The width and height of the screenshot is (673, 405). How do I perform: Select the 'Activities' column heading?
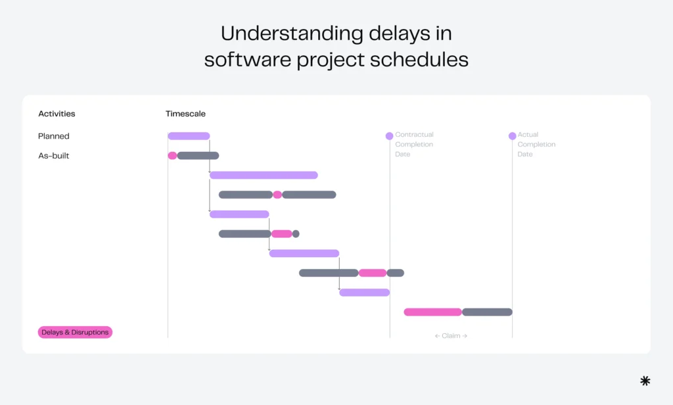pos(57,114)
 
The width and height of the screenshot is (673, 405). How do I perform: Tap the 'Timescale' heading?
pos(185,114)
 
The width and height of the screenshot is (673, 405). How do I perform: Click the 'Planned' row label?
pos(54,136)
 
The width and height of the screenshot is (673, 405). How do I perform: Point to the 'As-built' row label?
pos(54,156)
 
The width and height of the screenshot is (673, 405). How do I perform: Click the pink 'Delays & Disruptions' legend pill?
pos(75,332)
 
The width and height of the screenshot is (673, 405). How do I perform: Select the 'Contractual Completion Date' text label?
pos(414,145)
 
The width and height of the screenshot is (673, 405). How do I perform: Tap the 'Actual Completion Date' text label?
pos(536,145)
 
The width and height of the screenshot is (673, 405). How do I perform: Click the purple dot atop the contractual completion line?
pos(390,136)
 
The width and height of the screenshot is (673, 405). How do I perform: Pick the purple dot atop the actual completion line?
pos(513,136)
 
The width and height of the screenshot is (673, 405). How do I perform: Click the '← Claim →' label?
pos(451,336)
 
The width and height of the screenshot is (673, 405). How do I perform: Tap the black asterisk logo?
pos(645,381)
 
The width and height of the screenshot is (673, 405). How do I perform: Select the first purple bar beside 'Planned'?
pos(189,136)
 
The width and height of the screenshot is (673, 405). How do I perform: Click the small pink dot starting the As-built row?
pos(172,156)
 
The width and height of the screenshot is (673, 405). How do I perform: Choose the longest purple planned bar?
pos(264,175)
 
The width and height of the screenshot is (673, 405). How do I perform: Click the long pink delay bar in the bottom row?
pos(432,312)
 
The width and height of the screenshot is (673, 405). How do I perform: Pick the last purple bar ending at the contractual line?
pos(364,292)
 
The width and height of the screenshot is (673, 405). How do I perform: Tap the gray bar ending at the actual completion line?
pos(487,312)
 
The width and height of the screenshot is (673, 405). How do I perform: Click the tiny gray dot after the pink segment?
pos(296,233)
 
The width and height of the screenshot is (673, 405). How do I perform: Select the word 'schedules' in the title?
pos(415,59)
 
